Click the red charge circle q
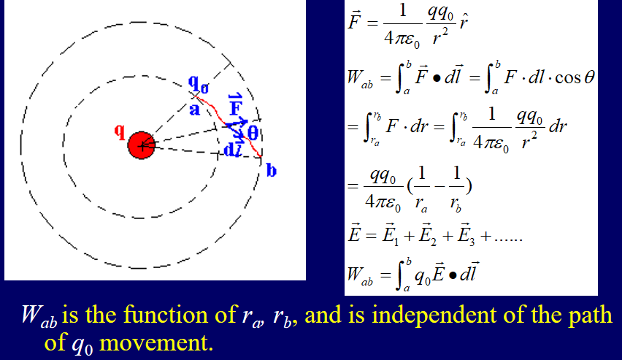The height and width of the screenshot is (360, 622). (141, 145)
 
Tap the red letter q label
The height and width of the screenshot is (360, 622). (119, 131)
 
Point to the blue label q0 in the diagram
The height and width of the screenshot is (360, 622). (199, 84)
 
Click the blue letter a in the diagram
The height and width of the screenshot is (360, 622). (194, 109)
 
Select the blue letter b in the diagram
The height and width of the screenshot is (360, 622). (272, 170)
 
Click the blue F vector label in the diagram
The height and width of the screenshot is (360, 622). (235, 104)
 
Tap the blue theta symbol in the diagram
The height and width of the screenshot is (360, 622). (253, 133)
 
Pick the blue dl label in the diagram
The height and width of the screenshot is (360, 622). (232, 149)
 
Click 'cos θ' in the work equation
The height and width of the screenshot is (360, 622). (575, 77)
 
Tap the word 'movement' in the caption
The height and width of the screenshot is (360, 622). (156, 342)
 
